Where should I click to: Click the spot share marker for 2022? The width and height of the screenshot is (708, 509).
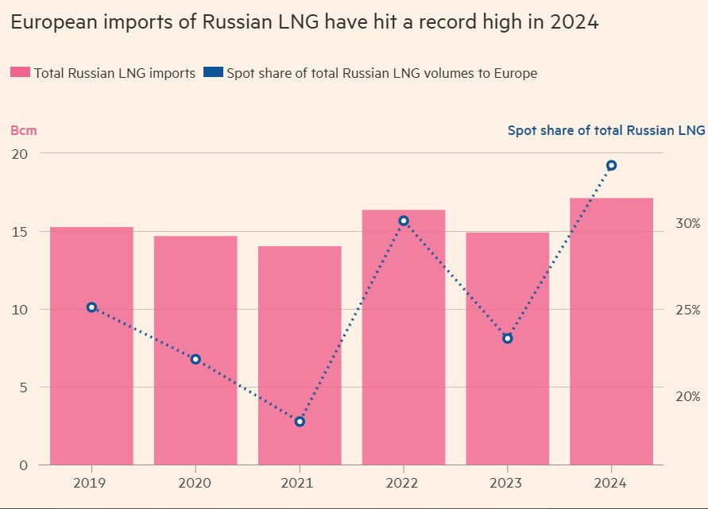tap(404, 221)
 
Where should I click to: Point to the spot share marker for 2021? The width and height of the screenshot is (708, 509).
tap(300, 421)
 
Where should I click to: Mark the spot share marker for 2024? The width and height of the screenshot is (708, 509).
tap(611, 165)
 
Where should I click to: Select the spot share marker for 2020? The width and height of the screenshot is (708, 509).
tap(195, 359)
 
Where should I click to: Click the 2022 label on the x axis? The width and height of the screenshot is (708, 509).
tap(404, 482)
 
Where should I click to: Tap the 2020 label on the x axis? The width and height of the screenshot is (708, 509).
tap(195, 482)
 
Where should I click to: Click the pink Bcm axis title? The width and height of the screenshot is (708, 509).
tap(23, 130)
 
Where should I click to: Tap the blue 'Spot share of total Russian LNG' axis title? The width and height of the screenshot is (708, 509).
tap(605, 130)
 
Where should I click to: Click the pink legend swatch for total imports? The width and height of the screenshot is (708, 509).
tap(20, 73)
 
